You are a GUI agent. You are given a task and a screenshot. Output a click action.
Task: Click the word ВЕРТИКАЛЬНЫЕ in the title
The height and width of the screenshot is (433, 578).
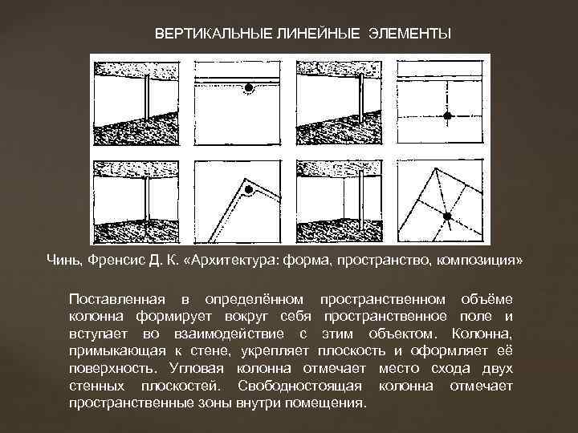(213, 34)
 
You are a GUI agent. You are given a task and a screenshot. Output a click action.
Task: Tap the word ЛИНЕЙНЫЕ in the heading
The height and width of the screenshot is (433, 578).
(317, 34)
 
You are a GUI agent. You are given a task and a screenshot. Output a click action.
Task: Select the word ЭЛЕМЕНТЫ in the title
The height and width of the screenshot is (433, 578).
(409, 34)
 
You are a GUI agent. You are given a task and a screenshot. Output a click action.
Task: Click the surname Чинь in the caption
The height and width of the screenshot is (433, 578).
(63, 261)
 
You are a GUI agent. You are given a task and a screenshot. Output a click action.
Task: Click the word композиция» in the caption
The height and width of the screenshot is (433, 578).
(479, 261)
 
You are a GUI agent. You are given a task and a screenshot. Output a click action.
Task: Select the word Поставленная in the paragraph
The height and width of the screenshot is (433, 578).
(117, 299)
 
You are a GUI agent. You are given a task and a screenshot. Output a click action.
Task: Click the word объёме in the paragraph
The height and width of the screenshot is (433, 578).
(487, 299)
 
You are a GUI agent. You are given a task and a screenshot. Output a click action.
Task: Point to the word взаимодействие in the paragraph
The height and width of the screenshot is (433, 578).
(229, 334)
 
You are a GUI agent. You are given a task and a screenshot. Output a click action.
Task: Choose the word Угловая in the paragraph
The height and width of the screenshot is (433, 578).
(197, 369)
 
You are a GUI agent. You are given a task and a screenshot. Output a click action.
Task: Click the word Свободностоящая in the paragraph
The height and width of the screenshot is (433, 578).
(299, 386)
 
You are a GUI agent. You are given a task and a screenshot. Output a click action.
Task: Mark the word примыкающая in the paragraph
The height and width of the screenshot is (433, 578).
(117, 352)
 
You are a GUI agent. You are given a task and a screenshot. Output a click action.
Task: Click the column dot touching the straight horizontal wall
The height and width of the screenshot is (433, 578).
(248, 87)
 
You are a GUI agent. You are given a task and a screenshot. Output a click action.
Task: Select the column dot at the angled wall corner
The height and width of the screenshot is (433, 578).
(249, 189)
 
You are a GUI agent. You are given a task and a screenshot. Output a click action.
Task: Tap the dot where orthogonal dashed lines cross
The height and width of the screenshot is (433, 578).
(447, 116)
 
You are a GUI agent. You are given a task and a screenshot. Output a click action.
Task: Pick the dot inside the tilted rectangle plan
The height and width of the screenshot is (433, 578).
(447, 216)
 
